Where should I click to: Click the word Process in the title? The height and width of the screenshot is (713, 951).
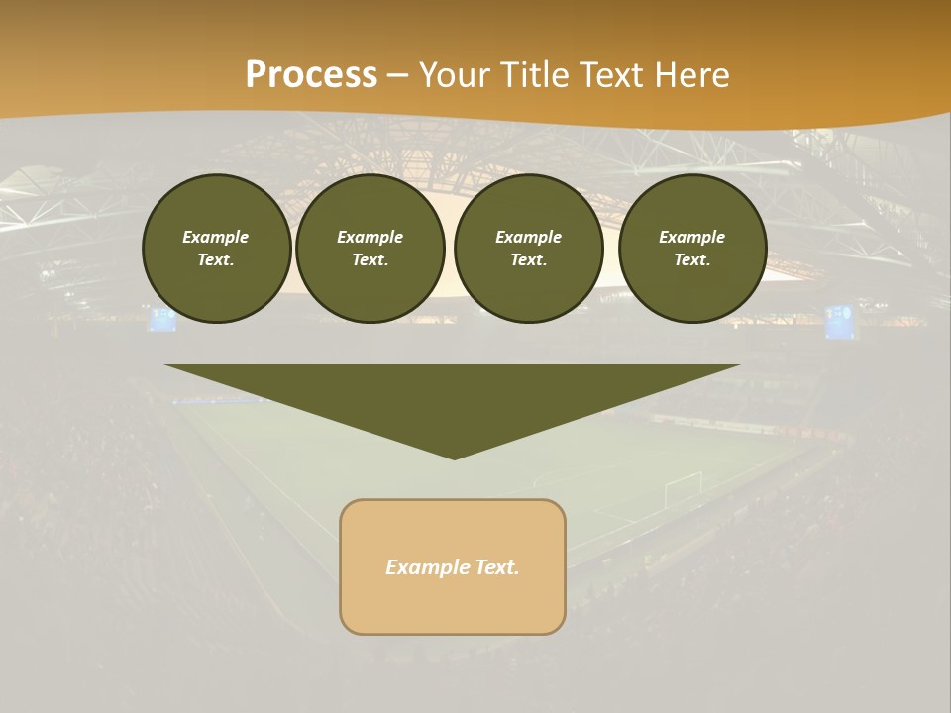point(311,74)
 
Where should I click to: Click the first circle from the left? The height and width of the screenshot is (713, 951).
point(217,249)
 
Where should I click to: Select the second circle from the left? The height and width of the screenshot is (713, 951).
point(370,249)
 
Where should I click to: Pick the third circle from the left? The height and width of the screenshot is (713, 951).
point(529,249)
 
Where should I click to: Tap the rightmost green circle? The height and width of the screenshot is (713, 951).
point(692,249)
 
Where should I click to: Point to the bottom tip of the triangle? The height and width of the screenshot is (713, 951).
point(454,457)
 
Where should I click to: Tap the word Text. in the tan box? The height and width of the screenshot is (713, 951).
point(496,567)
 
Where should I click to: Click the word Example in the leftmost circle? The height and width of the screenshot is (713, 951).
point(216,237)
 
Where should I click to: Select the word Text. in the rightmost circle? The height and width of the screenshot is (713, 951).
point(692,259)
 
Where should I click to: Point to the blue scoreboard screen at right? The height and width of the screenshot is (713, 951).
point(839,323)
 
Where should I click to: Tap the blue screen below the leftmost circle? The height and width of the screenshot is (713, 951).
point(162,319)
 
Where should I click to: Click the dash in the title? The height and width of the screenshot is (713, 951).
point(398,75)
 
